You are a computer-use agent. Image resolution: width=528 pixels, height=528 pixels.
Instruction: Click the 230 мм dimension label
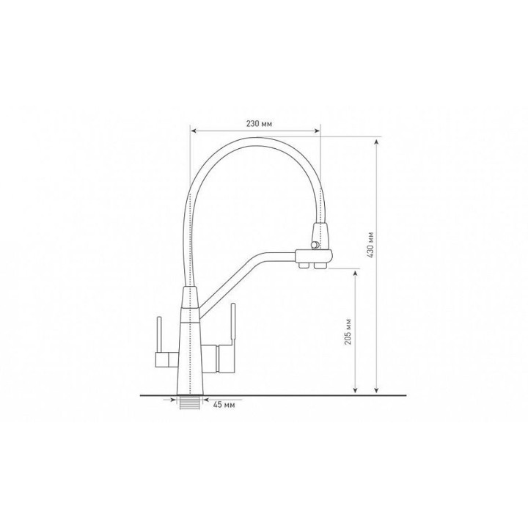click(259, 124)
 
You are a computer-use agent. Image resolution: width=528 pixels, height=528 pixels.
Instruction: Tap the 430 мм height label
click(371, 245)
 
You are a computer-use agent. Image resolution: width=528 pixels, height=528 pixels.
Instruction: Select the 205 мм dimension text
click(348, 331)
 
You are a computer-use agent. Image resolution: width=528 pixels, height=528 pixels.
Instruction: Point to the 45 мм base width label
click(224, 404)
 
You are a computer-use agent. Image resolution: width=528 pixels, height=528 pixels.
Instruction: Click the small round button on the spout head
click(315, 245)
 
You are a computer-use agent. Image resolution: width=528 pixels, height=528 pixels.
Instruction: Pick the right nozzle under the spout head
click(320, 265)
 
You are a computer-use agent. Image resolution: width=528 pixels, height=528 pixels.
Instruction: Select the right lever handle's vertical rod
click(232, 324)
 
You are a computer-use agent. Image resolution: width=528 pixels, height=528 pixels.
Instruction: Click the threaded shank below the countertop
click(190, 403)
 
